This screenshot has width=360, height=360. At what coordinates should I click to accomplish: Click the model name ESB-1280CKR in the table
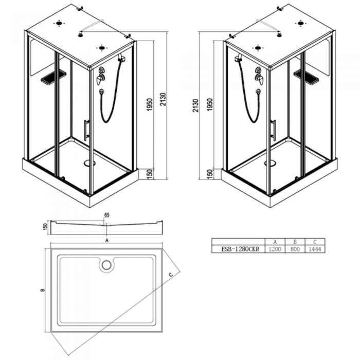[x=240, y=249]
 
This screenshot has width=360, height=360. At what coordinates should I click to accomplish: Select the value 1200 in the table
[x=275, y=249]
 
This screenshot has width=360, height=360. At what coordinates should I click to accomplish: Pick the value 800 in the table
[x=295, y=249]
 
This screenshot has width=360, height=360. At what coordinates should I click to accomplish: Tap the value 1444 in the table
[x=315, y=249]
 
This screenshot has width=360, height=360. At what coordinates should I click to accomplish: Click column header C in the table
[x=315, y=242]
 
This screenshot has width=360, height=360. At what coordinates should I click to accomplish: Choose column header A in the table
[x=275, y=242]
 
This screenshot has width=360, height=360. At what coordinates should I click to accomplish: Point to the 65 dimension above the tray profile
[x=107, y=215]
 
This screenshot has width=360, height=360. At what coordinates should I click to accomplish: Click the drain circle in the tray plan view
[x=106, y=265]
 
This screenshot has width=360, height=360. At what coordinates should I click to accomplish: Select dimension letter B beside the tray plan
[x=43, y=290]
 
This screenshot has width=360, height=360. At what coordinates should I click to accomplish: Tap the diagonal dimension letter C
[x=171, y=274]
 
